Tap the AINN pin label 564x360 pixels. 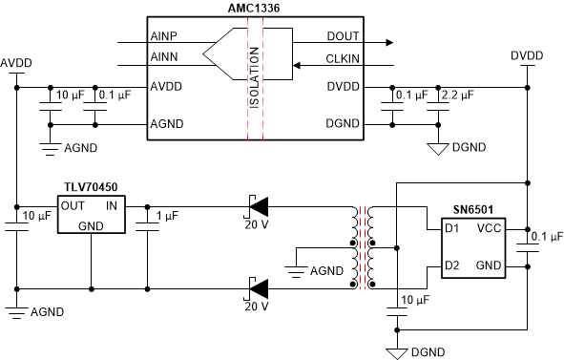click(x=165, y=60)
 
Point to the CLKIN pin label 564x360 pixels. click(x=342, y=60)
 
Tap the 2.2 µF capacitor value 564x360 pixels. click(x=457, y=94)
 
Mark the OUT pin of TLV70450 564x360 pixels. click(x=73, y=204)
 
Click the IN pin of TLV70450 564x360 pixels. click(x=111, y=204)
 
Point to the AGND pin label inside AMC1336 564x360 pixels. click(x=168, y=123)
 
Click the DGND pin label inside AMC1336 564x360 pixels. click(x=342, y=123)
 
